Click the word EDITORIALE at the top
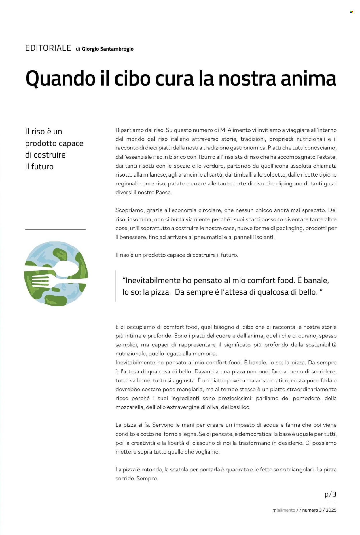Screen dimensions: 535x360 (48, 48)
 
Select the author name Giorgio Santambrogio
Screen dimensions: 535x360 (108, 49)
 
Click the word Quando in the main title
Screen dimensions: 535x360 (60, 78)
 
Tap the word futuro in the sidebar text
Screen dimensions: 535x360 (42, 167)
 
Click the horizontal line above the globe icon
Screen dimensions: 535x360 (55, 229)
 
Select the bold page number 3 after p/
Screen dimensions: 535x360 (334, 494)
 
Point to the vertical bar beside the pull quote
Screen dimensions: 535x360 (116, 286)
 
